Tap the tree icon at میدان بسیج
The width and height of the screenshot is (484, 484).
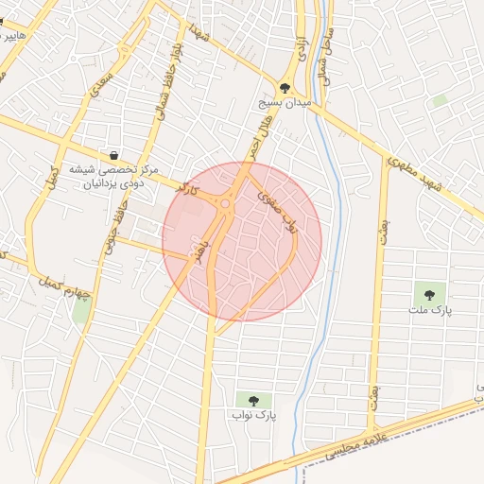[x=285, y=88]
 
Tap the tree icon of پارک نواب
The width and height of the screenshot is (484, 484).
[x=252, y=399]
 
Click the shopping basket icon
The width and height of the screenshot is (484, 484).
[x=114, y=155]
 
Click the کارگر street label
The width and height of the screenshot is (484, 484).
[x=190, y=186]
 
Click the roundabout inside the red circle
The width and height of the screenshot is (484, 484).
[x=227, y=202]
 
